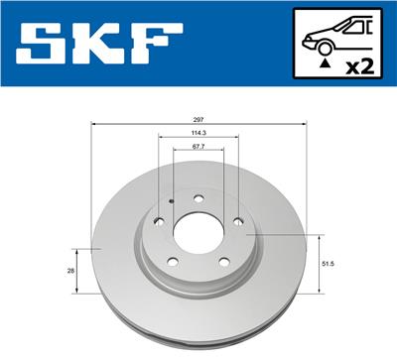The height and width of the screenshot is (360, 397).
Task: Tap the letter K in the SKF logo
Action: point(101,46)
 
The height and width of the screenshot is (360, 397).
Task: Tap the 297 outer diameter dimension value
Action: point(198,118)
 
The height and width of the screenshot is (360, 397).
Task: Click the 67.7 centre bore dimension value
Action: point(198,146)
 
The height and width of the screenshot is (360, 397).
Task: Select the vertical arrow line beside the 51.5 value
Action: point(318,264)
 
